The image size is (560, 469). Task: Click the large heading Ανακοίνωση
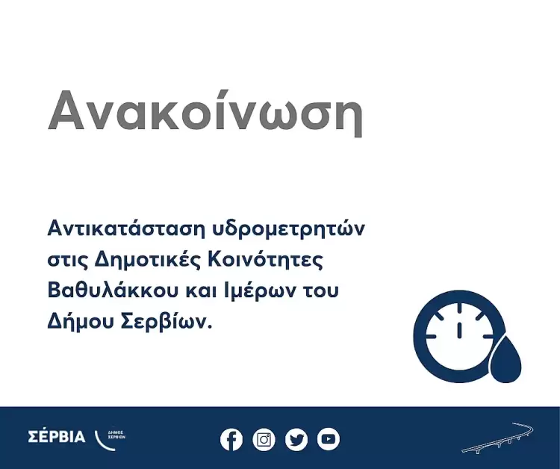click(205, 112)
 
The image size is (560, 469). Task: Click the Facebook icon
click(231, 439)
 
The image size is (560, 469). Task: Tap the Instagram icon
click(264, 439)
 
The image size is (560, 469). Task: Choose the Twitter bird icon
click(296, 439)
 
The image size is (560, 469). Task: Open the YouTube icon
click(329, 439)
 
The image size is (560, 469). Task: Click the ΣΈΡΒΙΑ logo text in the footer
click(56, 437)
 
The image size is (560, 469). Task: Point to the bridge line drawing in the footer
click(497, 439)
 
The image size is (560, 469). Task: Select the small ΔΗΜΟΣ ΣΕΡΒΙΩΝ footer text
click(116, 435)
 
